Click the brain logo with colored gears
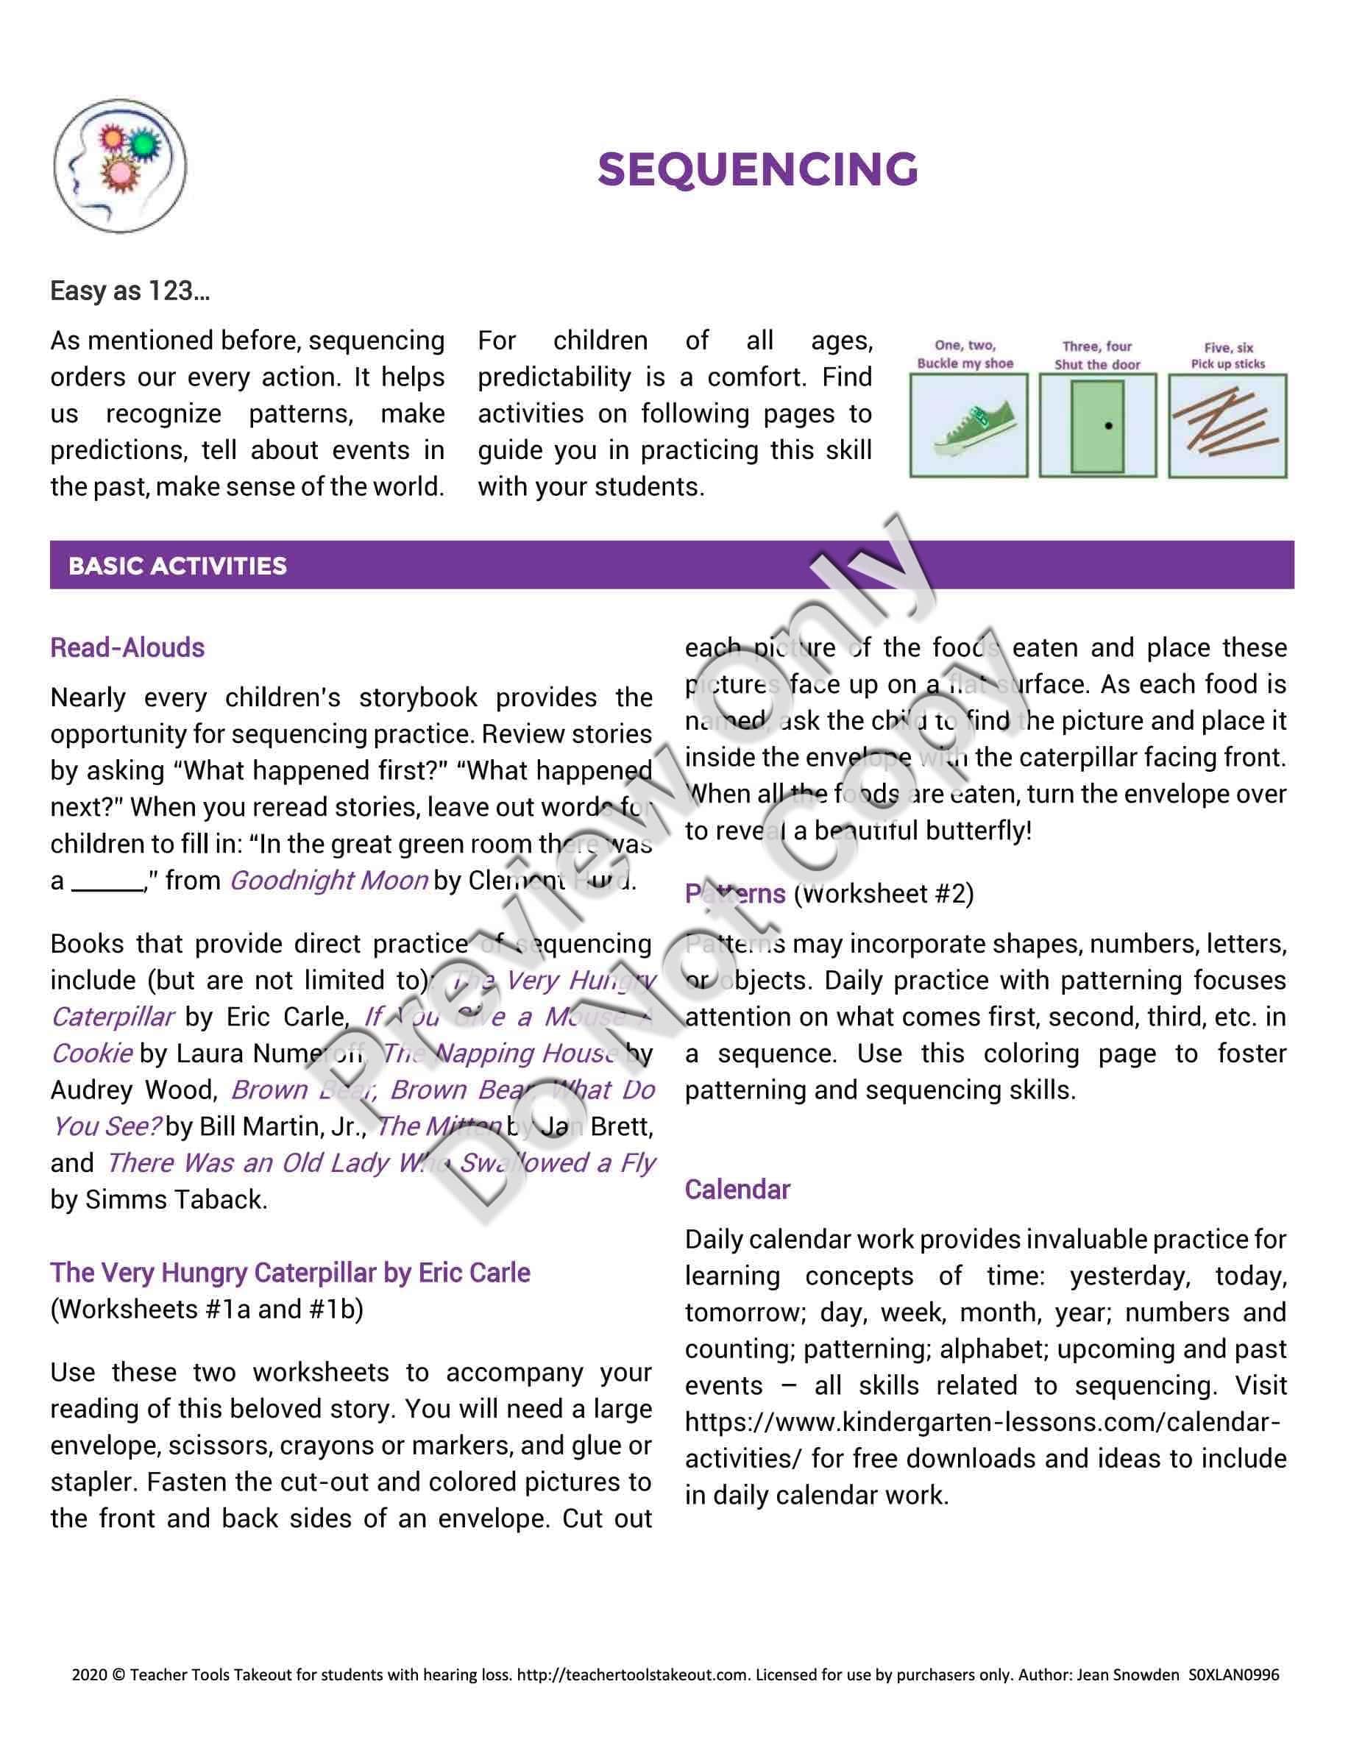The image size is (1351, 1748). point(120,166)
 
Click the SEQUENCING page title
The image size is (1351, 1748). point(757,169)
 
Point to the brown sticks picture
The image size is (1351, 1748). point(1227,425)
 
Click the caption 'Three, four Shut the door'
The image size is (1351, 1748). point(1097,355)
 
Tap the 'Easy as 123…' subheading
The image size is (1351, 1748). point(130,291)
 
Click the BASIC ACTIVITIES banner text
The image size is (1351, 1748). point(177,566)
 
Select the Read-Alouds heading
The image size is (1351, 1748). point(127,647)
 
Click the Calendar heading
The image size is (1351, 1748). point(737,1190)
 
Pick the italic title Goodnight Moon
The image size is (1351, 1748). point(329,881)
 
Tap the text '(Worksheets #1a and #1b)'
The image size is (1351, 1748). point(207,1310)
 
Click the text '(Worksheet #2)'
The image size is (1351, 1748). point(884,893)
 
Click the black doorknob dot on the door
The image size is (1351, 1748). point(1108,425)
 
